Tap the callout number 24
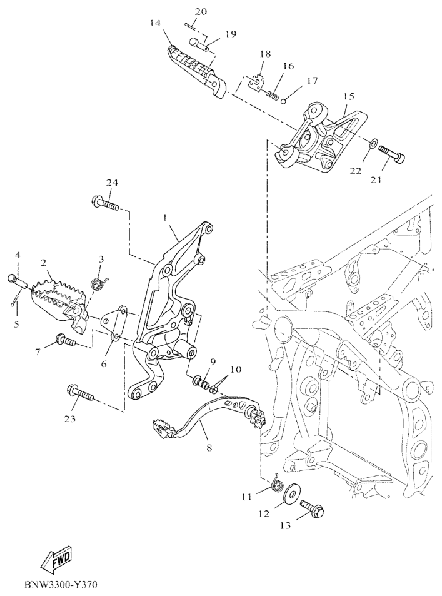[x=111, y=183]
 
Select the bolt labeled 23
[x=80, y=394]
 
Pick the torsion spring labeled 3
[x=101, y=283]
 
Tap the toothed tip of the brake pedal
[x=163, y=428]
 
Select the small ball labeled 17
[x=284, y=101]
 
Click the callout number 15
[x=349, y=96]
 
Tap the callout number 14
[x=155, y=24]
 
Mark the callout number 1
[x=165, y=218]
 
